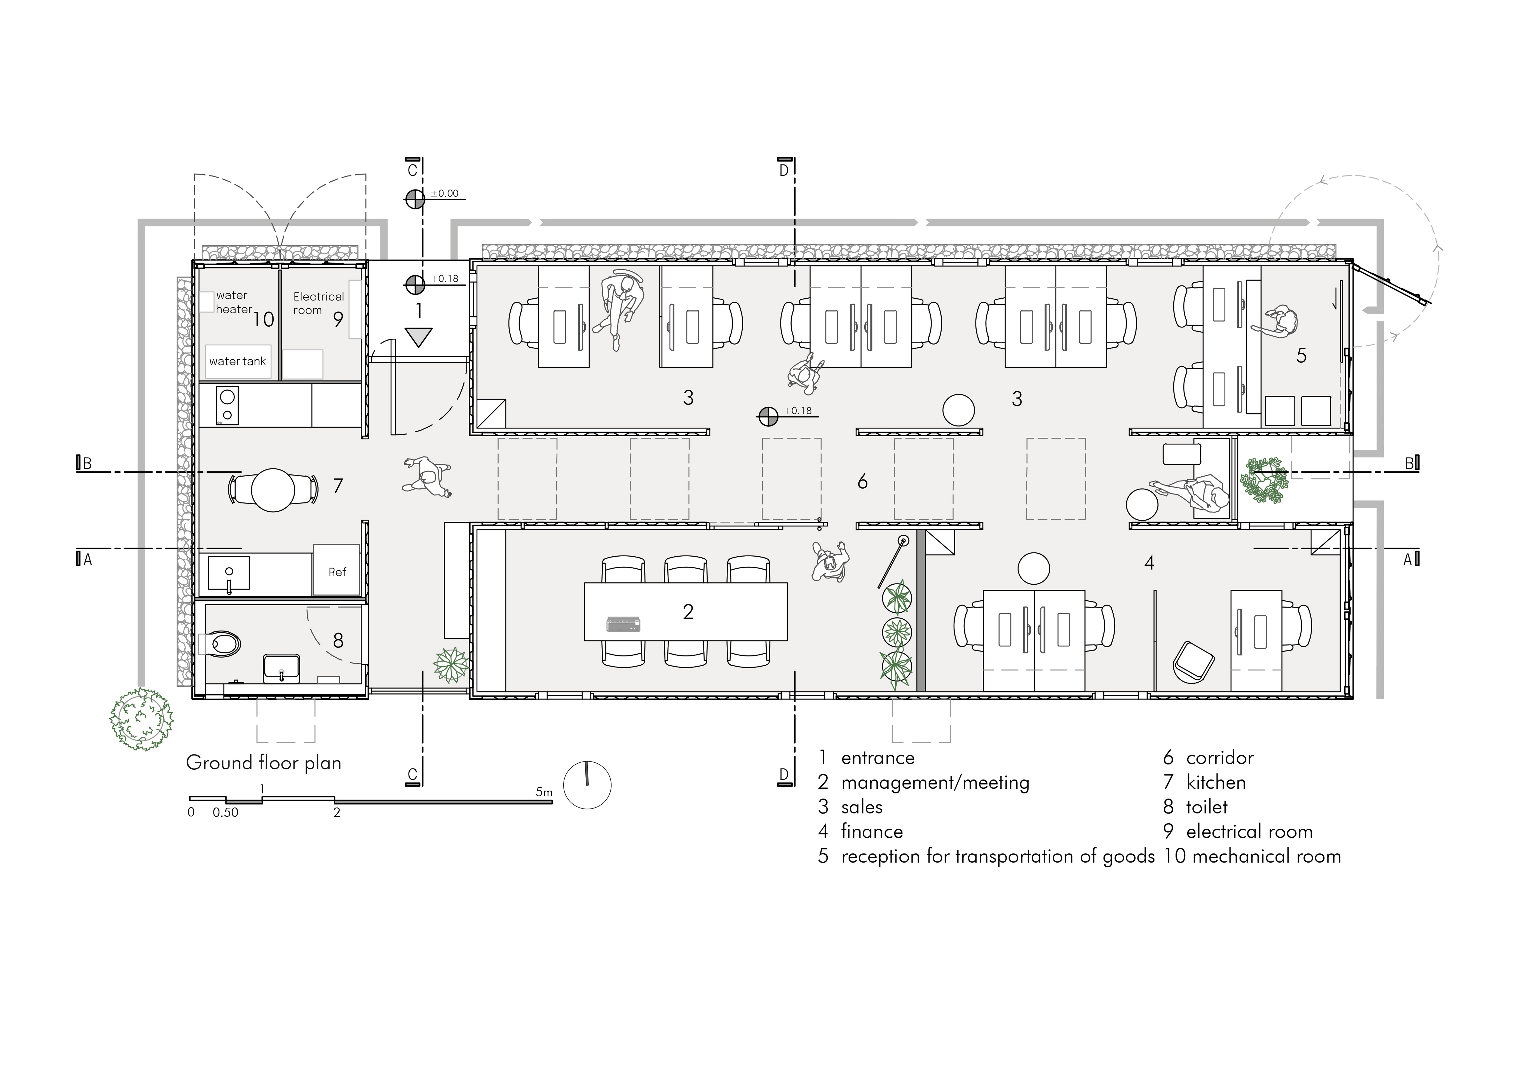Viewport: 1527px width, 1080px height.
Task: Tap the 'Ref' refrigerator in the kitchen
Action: (x=337, y=570)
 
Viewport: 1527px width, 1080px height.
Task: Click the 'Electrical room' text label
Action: (x=318, y=303)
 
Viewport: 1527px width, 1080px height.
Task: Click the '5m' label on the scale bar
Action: (x=544, y=792)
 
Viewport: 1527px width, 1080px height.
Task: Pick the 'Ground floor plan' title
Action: (x=263, y=763)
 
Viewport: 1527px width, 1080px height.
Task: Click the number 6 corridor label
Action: (x=863, y=481)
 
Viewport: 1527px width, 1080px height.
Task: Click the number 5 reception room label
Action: (x=1301, y=356)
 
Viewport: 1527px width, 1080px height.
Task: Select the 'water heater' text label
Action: (x=233, y=302)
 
